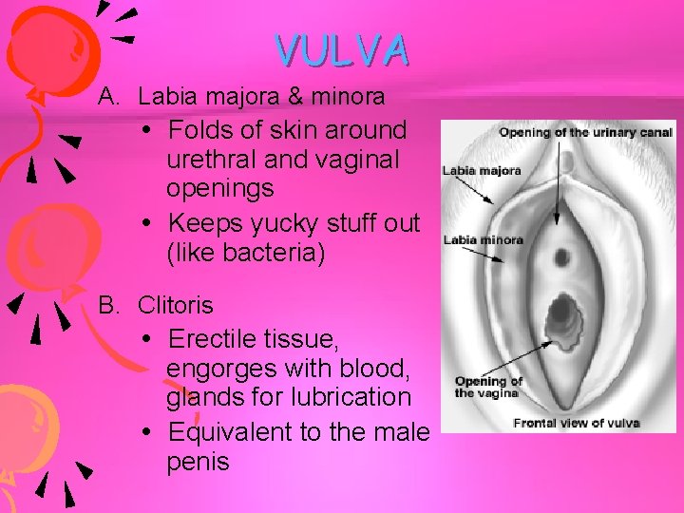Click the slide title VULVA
(x=343, y=49)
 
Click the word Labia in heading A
(x=164, y=96)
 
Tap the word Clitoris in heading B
(x=176, y=306)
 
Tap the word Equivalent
(x=229, y=432)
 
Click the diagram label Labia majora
(x=482, y=172)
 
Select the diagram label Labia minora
(x=484, y=239)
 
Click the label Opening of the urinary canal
(x=585, y=132)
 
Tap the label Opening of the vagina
(x=488, y=387)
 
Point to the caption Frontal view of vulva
(x=576, y=423)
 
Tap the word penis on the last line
(x=198, y=463)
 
